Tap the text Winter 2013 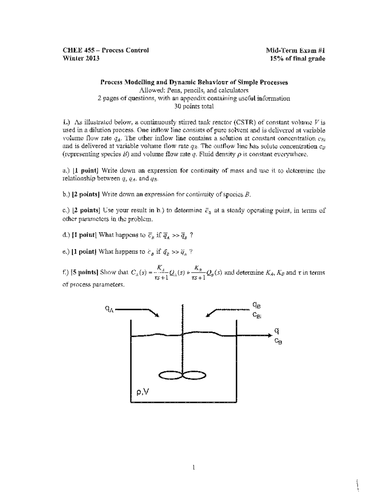coord(81,59)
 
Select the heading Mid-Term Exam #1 coord(295,50)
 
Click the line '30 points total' coord(193,106)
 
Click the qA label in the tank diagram coord(109,309)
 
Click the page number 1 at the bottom coord(193,467)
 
